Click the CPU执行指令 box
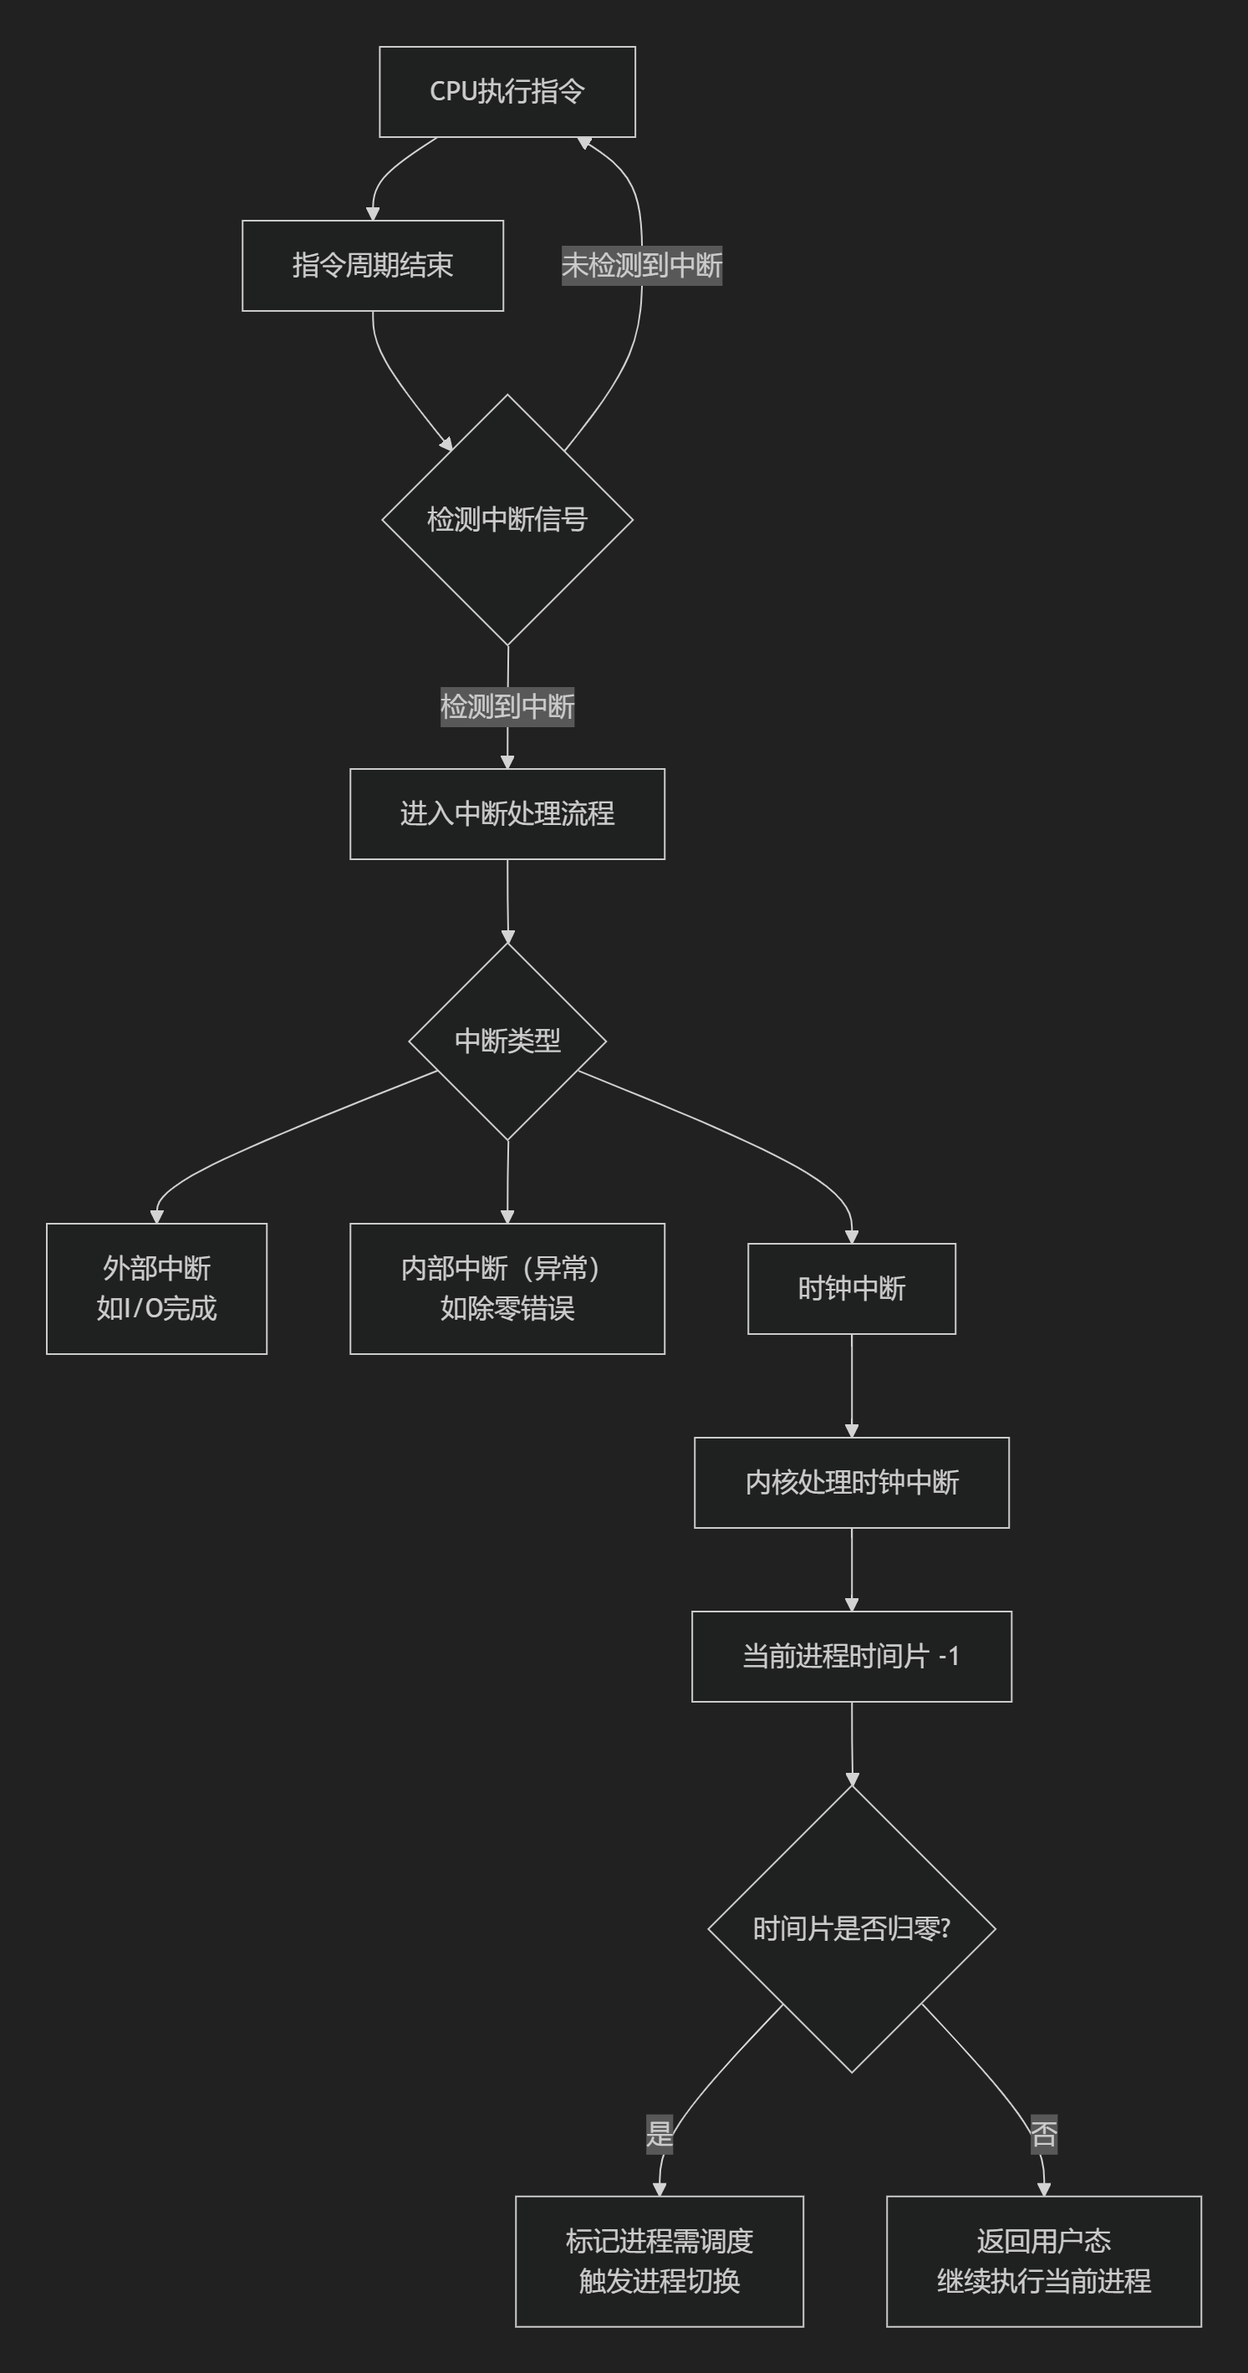(x=507, y=91)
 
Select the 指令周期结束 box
(x=372, y=265)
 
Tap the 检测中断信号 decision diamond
(x=507, y=520)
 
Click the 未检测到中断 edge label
(x=641, y=265)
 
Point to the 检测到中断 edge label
(x=507, y=706)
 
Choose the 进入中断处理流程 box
(x=507, y=813)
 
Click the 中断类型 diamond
(x=507, y=1041)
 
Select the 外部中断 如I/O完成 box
(x=156, y=1288)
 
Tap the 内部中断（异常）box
(x=507, y=1288)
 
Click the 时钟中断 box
(x=851, y=1288)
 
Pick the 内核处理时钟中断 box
(x=851, y=1482)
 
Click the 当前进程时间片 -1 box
(x=851, y=1657)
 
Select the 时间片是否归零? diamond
(x=851, y=1928)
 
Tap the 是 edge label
(x=660, y=2133)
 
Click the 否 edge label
(x=1043, y=2133)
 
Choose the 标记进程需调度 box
(x=660, y=2261)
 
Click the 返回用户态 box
(x=1043, y=2261)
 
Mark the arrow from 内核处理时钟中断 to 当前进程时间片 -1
(x=851, y=1569)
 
